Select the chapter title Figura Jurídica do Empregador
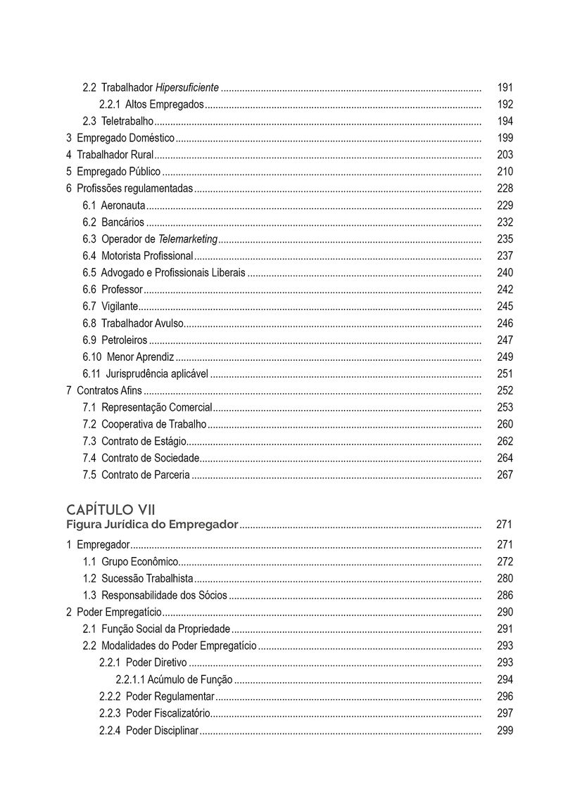[x=153, y=524]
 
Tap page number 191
[x=505, y=88]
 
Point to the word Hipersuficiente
[x=187, y=88]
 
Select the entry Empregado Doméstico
[x=125, y=138]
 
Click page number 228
[x=505, y=188]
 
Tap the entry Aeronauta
[x=123, y=205]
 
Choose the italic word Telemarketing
[x=188, y=239]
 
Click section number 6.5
[x=89, y=273]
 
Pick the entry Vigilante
[x=120, y=307]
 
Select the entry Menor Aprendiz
[x=140, y=357]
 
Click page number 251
[x=505, y=374]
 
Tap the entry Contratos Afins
[x=109, y=391]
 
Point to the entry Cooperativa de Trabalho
[x=153, y=425]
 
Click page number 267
[x=505, y=475]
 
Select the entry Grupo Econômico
[x=139, y=562]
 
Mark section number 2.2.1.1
[x=130, y=680]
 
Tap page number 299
[x=505, y=731]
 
